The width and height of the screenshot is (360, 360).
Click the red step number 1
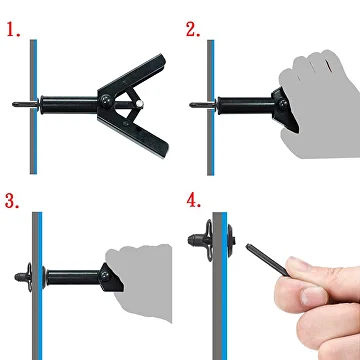pyautogui.click(x=13, y=30)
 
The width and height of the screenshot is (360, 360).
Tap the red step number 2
pyautogui.click(x=193, y=30)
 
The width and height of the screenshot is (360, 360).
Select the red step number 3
pyautogui.click(x=12, y=201)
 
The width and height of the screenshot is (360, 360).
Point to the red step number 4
pyautogui.click(x=194, y=201)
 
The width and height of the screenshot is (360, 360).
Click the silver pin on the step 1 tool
pyautogui.click(x=140, y=104)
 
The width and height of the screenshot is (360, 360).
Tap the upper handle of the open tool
pyautogui.click(x=133, y=75)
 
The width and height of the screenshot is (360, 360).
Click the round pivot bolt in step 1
pyautogui.click(x=106, y=100)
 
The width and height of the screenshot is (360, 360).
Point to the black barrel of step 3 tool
pyautogui.click(x=73, y=277)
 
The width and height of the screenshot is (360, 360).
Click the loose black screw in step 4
pyautogui.click(x=267, y=260)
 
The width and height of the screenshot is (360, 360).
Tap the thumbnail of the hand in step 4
pyautogui.click(x=312, y=296)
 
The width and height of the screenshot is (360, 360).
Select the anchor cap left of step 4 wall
pyautogui.click(x=200, y=240)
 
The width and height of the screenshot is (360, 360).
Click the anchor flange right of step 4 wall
pyautogui.click(x=231, y=240)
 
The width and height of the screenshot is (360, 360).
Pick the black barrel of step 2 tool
pyautogui.click(x=246, y=105)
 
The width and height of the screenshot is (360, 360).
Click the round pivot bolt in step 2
pyautogui.click(x=284, y=104)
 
